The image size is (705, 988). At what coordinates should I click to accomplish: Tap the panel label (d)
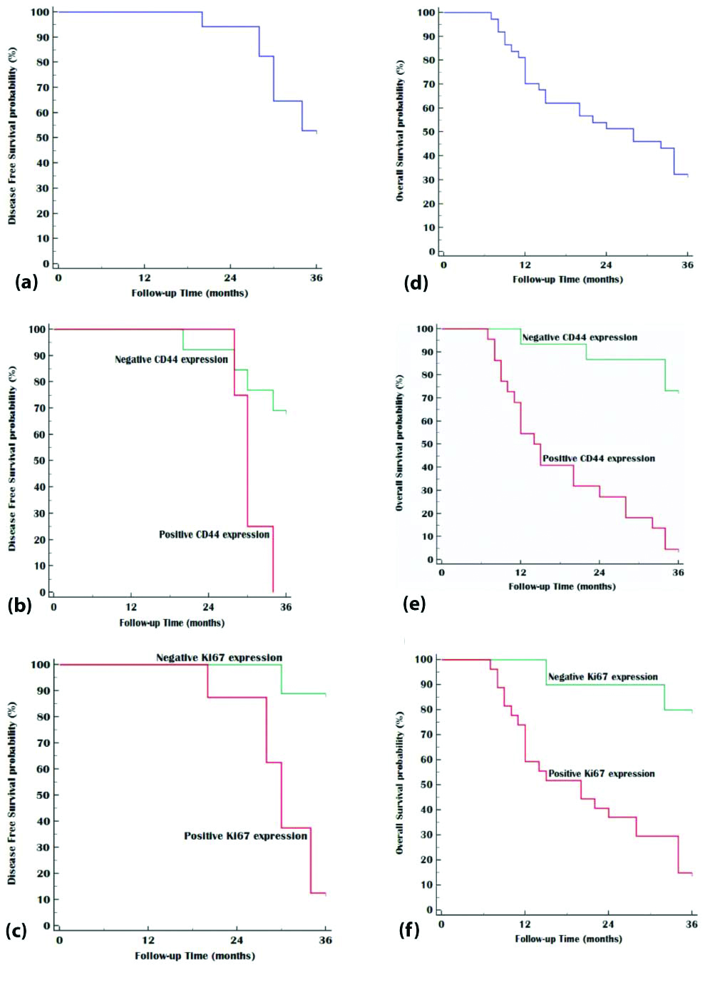pos(416,282)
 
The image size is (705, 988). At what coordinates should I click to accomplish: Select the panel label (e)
pos(414,604)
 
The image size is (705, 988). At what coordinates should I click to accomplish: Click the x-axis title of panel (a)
pos(190,293)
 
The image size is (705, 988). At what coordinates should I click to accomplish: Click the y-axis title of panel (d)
pos(400,130)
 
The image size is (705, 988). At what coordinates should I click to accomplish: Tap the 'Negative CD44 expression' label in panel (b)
pos(171,360)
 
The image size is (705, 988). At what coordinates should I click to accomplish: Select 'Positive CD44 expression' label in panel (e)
pos(598,459)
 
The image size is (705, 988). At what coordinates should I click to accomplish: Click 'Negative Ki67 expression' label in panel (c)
pos(219,658)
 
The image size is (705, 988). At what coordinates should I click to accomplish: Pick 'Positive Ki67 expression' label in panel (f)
pos(601,773)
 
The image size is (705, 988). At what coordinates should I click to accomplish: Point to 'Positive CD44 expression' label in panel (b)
pos(214,534)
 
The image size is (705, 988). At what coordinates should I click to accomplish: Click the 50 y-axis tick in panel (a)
pos(43,138)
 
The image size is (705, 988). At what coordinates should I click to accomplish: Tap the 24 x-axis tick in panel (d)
pos(605,265)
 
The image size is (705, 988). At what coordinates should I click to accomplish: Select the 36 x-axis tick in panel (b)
pos(285,608)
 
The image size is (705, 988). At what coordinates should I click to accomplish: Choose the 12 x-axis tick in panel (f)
pos(525,925)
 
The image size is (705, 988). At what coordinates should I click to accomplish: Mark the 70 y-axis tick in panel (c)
pos(43,743)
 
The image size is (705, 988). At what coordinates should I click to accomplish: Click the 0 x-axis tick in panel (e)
pos(441,573)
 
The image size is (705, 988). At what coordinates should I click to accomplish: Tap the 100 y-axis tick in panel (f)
pos(425,659)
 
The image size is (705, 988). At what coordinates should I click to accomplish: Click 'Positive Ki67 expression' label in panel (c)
pos(245,836)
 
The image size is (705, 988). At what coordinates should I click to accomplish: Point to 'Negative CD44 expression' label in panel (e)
pos(580,337)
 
